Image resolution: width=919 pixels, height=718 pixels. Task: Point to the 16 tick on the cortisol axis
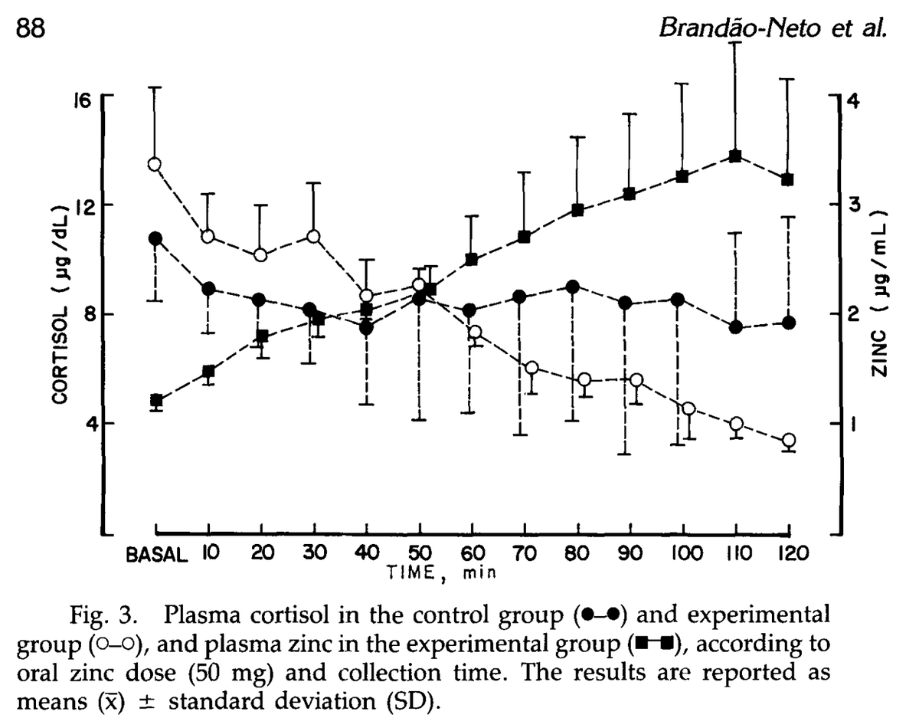click(x=83, y=98)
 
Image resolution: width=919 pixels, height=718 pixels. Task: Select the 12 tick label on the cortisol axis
click(x=83, y=205)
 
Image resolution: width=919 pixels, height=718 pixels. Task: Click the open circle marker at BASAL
click(x=155, y=164)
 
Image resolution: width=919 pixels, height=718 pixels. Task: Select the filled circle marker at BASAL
click(x=155, y=238)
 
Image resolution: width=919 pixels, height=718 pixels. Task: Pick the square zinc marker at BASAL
click(x=156, y=401)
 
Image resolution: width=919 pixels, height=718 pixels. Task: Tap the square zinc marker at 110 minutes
click(x=735, y=156)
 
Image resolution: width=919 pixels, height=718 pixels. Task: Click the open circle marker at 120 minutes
click(x=788, y=440)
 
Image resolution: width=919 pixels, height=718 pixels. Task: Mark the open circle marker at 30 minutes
click(x=313, y=236)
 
